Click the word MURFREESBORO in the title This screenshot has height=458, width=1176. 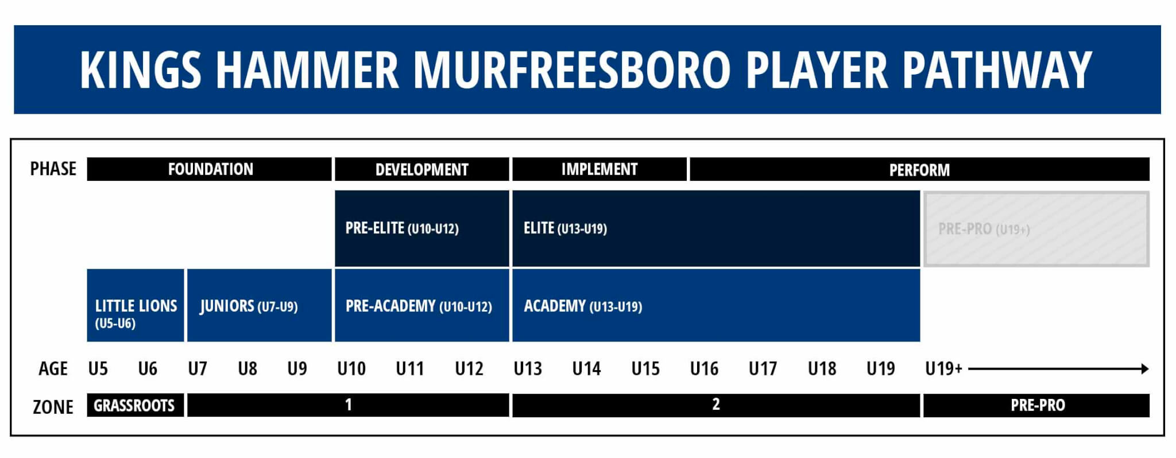(571, 70)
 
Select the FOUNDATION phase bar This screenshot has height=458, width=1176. (210, 169)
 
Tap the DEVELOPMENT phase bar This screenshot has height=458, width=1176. (421, 169)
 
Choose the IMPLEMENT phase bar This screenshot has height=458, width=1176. (599, 169)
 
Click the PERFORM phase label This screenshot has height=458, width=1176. (919, 170)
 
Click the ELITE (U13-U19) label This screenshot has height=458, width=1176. (565, 228)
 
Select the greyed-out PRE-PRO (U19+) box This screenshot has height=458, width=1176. (1036, 229)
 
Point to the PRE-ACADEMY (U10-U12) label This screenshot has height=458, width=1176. (419, 306)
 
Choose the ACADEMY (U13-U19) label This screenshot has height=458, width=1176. (583, 306)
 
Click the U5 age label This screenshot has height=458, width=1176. (98, 368)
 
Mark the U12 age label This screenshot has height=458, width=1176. (469, 368)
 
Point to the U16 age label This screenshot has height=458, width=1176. (704, 368)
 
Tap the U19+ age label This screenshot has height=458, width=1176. (943, 368)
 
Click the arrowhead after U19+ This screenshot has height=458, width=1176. (1144, 368)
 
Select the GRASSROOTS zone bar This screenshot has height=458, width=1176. (134, 406)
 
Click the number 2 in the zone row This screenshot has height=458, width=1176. (715, 405)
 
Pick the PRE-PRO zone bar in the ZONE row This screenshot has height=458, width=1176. (1037, 406)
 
